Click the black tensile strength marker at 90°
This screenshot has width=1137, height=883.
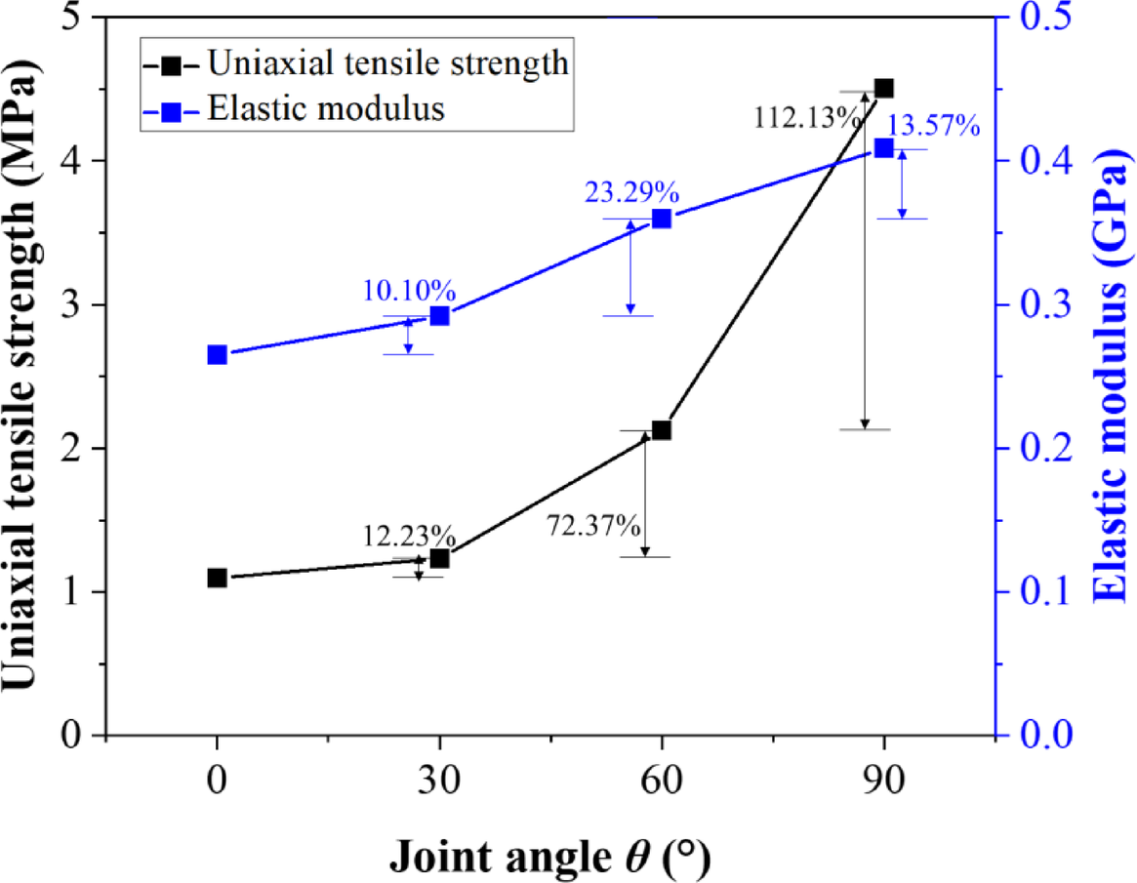(884, 88)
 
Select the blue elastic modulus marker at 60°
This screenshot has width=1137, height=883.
(662, 219)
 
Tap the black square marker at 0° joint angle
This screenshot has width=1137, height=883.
(218, 578)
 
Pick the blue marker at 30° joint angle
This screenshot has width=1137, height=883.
(439, 315)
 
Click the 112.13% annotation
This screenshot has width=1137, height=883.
(806, 118)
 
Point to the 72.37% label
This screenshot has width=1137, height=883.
(593, 528)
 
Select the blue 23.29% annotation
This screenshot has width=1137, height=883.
(631, 192)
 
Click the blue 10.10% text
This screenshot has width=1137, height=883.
(408, 290)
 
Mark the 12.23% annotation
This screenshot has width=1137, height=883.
(409, 536)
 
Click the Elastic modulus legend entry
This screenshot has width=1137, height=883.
(326, 109)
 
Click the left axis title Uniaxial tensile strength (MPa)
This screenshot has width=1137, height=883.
(28, 376)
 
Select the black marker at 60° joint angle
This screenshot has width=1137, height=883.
(662, 430)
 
